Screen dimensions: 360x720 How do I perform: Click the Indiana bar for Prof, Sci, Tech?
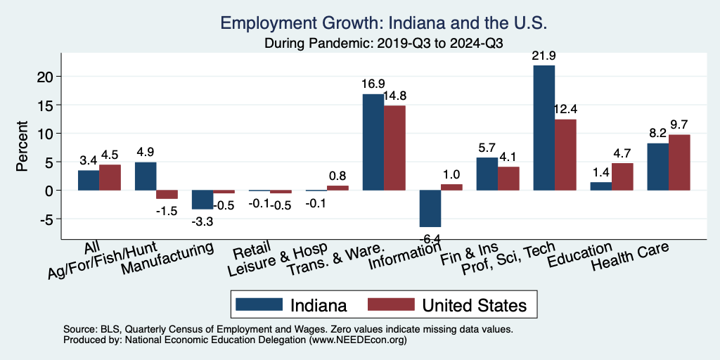pos(544,127)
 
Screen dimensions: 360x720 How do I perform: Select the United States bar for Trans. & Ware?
pos(394,148)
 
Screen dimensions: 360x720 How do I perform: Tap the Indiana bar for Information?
pos(430,208)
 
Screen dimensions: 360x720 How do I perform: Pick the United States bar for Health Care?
pos(679,162)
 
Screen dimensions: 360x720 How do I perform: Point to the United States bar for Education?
pos(622,176)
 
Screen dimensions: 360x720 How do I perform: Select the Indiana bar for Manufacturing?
pos(202,200)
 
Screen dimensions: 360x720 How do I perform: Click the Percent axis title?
pos(22,147)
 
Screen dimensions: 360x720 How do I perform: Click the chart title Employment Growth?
pos(383,22)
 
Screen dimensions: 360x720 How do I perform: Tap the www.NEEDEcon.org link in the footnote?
pos(357,340)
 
